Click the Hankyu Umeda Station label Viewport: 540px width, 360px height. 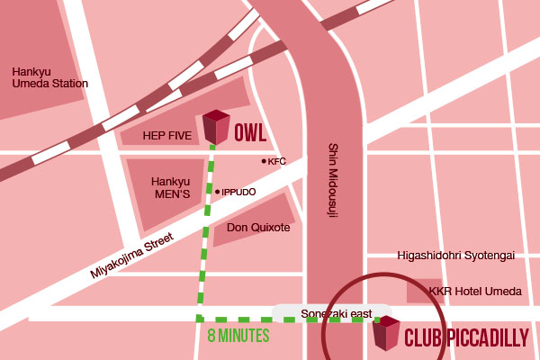tap(49, 76)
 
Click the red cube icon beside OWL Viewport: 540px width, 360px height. tap(216, 127)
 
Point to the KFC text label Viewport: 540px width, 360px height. tap(277, 161)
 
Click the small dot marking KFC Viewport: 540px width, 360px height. tap(264, 161)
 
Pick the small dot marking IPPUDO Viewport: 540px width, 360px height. tap(217, 192)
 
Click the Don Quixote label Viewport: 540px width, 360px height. tap(258, 228)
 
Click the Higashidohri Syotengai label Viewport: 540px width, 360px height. tap(455, 256)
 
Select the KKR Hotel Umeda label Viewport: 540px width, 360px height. tap(475, 292)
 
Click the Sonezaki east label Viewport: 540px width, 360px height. tap(336, 313)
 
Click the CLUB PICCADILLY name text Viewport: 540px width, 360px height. tap(467, 338)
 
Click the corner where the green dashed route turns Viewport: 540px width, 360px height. tap(199, 319)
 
